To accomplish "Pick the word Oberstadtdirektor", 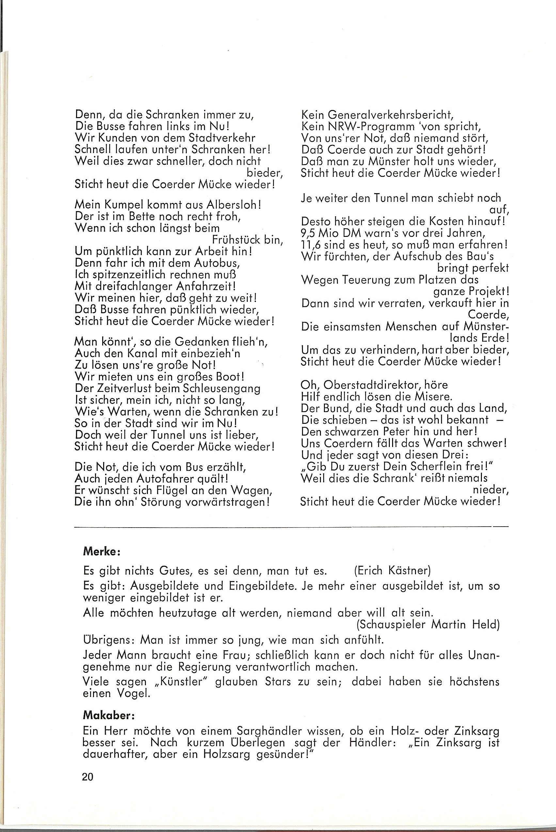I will (370, 384).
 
